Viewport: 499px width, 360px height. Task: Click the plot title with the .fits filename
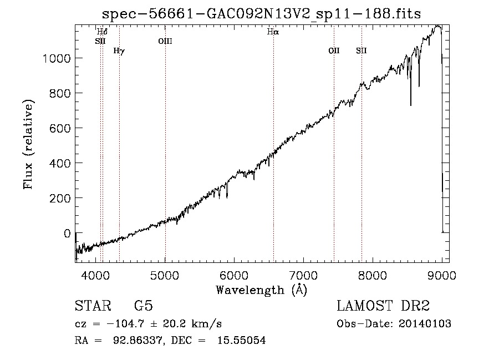pos(261,14)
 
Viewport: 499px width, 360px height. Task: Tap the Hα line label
pos(273,32)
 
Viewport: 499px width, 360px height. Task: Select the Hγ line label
pos(119,50)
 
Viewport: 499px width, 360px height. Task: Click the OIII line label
pos(165,41)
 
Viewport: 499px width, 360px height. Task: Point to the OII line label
pos(334,50)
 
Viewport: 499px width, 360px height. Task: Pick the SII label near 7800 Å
pos(361,50)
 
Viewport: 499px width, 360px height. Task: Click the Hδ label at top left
pos(102,32)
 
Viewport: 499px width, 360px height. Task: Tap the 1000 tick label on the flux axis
pos(57,58)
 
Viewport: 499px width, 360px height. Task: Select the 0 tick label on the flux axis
pos(67,234)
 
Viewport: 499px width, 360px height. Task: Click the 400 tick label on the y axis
pos(60,163)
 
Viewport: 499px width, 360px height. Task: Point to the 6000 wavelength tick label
pos(234,275)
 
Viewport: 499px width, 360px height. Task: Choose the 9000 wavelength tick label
pos(442,275)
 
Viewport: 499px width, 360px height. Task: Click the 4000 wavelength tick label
pos(96,275)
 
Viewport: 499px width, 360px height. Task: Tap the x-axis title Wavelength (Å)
pos(262,290)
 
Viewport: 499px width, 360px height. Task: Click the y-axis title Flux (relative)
pos(28,144)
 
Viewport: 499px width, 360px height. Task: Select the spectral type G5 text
pos(144,306)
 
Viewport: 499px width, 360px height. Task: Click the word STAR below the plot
pos(93,306)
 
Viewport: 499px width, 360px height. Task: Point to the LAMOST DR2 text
pos(383,306)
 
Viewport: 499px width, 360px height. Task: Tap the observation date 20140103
pos(425,324)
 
